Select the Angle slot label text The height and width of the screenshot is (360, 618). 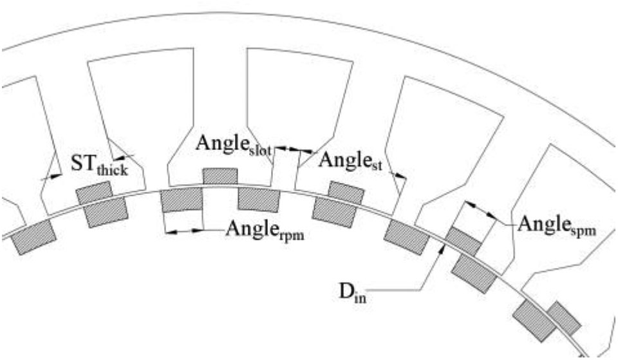pos(235,144)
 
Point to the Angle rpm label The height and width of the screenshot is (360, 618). pos(264,230)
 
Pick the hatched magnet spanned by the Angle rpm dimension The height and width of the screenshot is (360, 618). pos(182,200)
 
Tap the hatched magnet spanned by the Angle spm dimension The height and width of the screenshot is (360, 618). pos(463,240)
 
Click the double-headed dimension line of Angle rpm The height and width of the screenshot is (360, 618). pos(183,230)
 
